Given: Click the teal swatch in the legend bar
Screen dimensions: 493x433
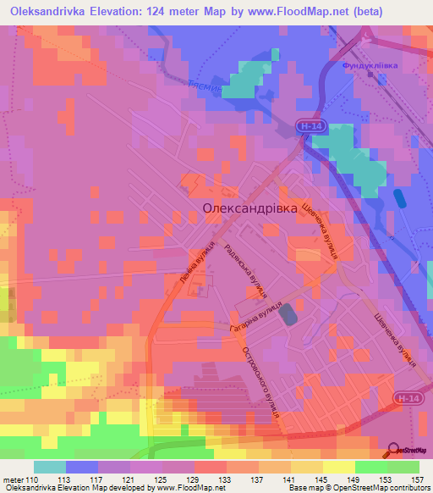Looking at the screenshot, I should [50, 467].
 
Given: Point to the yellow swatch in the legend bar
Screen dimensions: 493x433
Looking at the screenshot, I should [339, 467].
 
